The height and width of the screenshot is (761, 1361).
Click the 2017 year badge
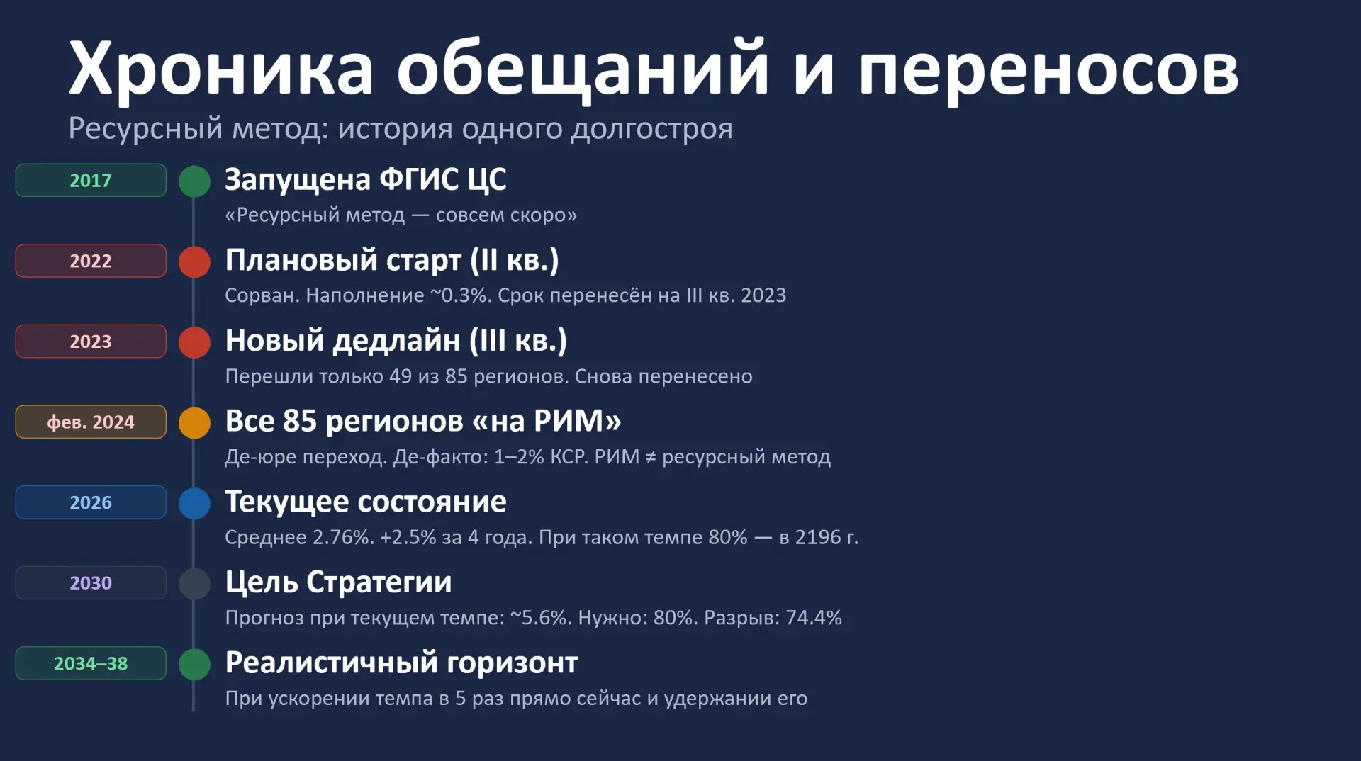[91, 180]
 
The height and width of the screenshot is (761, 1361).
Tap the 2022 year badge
[91, 261]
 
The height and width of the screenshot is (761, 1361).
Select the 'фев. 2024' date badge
[91, 422]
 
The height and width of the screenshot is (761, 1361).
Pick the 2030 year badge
[91, 582]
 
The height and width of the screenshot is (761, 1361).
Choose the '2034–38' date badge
[91, 663]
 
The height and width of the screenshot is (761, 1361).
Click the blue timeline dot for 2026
[194, 503]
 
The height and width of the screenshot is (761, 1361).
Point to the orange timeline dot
[194, 423]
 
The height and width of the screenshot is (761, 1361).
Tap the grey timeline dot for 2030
[194, 584]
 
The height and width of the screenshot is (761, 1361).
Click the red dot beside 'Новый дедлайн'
[194, 342]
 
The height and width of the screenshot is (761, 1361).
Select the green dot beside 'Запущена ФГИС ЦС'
[194, 181]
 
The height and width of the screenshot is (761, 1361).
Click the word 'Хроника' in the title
[220, 69]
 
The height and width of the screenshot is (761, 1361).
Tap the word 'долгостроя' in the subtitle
[651, 129]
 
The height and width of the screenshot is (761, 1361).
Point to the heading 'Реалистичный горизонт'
[401, 663]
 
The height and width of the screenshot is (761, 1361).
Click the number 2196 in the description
[818, 537]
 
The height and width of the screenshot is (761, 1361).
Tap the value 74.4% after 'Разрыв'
[814, 618]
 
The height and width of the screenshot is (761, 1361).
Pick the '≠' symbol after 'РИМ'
[650, 457]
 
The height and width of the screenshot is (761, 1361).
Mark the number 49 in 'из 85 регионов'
[401, 376]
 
